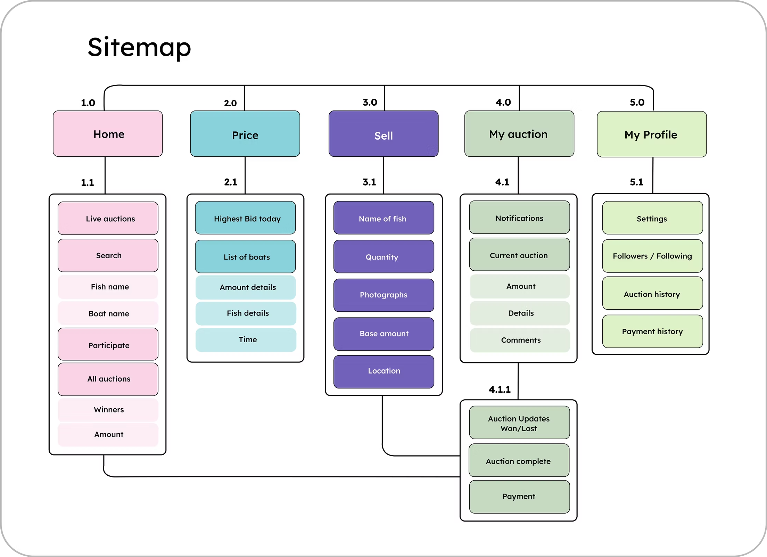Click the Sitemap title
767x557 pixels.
(x=139, y=48)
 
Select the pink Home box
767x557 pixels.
(x=108, y=134)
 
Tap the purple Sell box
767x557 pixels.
(x=383, y=134)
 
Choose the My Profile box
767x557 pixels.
(x=652, y=134)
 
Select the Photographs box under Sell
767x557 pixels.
(x=383, y=295)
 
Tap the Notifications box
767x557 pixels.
(x=519, y=218)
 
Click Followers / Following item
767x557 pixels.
(x=652, y=256)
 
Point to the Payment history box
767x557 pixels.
(x=652, y=331)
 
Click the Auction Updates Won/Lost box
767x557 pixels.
(x=519, y=423)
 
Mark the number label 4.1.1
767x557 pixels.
(x=500, y=390)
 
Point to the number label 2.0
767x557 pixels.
(x=230, y=103)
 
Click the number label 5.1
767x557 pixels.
(x=636, y=182)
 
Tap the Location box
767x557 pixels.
(x=383, y=371)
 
